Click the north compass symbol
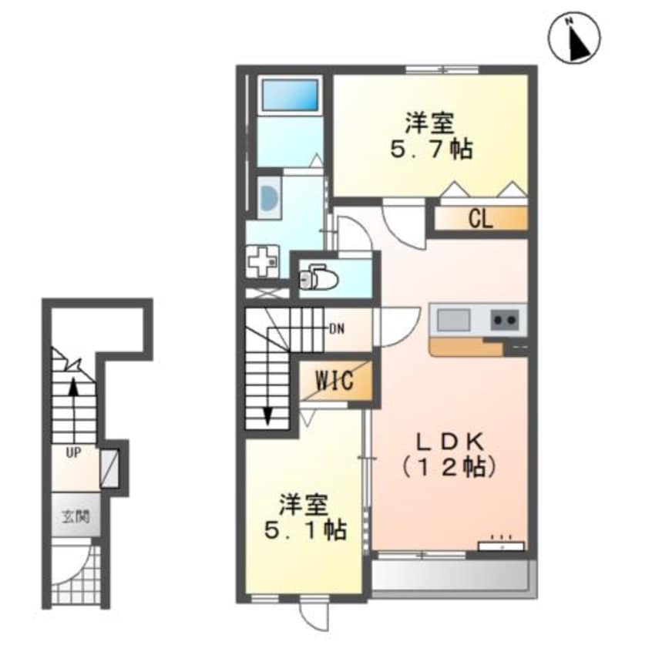coord(574,39)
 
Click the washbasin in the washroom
coord(268,197)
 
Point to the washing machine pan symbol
coord(262,262)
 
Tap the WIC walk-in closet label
coord(334,380)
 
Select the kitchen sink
coord(453,320)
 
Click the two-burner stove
coord(505,320)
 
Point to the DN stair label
coord(337,329)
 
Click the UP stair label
coord(73,453)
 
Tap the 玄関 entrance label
coord(76,517)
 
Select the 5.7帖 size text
coord(431,150)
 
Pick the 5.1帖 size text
coord(305,529)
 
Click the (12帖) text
coord(449,468)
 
